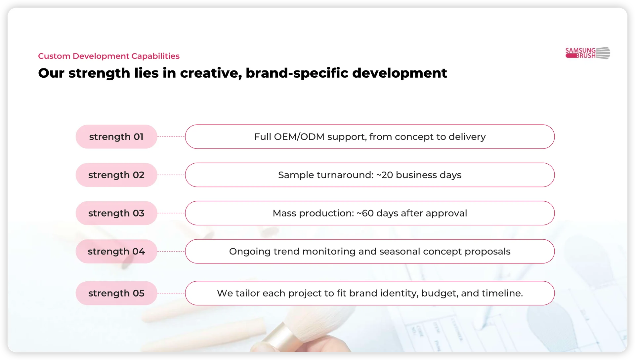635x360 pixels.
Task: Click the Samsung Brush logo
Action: [x=588, y=53]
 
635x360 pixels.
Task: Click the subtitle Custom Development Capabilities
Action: [x=109, y=56]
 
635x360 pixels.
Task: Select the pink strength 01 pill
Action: [x=116, y=137]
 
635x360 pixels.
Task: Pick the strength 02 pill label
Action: [x=116, y=175]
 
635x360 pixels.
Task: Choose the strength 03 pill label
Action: [x=116, y=213]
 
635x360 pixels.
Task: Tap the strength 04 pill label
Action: [x=116, y=252]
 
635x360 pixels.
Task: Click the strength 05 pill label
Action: [x=116, y=293]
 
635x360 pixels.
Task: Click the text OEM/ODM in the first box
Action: [x=299, y=137]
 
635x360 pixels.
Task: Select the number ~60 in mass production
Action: [x=365, y=213]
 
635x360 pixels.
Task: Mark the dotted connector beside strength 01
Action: [x=171, y=137]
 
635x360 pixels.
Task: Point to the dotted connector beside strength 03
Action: [x=171, y=213]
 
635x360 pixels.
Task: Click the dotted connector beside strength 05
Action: [x=171, y=293]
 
